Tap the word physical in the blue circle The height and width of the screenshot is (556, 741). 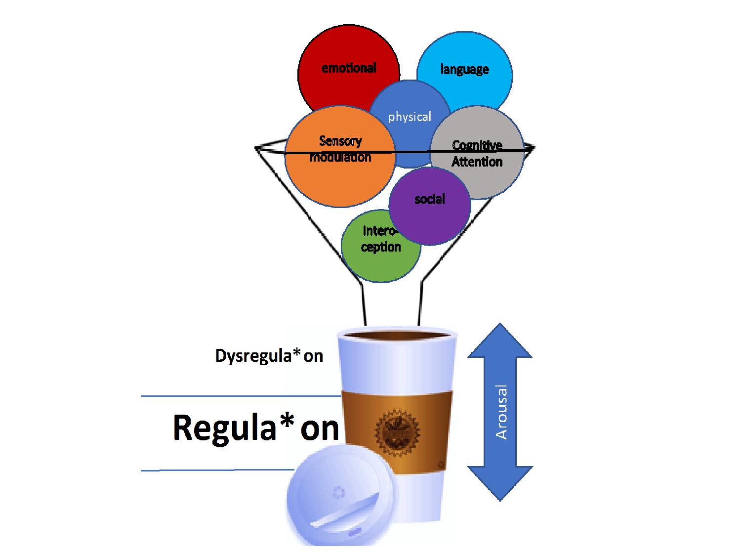(410, 117)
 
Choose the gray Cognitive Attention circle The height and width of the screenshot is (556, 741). (484, 168)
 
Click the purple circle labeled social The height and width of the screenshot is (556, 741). (430, 203)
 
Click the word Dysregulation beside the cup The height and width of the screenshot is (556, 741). (269, 356)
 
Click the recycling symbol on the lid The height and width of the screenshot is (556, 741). (338, 492)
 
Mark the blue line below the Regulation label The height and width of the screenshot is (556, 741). (217, 470)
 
